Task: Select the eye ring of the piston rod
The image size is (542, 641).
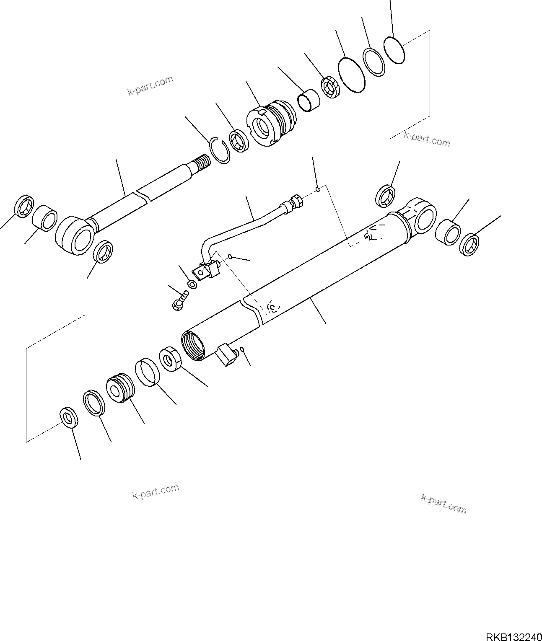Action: pyautogui.click(x=75, y=235)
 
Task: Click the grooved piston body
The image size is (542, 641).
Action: pyautogui.click(x=120, y=388)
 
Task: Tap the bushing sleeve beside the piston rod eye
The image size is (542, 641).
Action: pyautogui.click(x=45, y=218)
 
